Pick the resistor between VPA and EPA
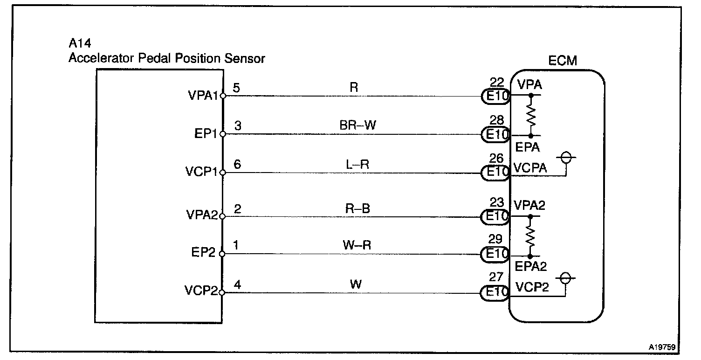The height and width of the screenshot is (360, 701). tap(530, 115)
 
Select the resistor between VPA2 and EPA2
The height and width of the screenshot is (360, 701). tap(530, 236)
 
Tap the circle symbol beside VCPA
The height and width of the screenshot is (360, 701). tap(566, 158)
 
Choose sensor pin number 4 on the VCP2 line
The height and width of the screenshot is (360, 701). tap(237, 284)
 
